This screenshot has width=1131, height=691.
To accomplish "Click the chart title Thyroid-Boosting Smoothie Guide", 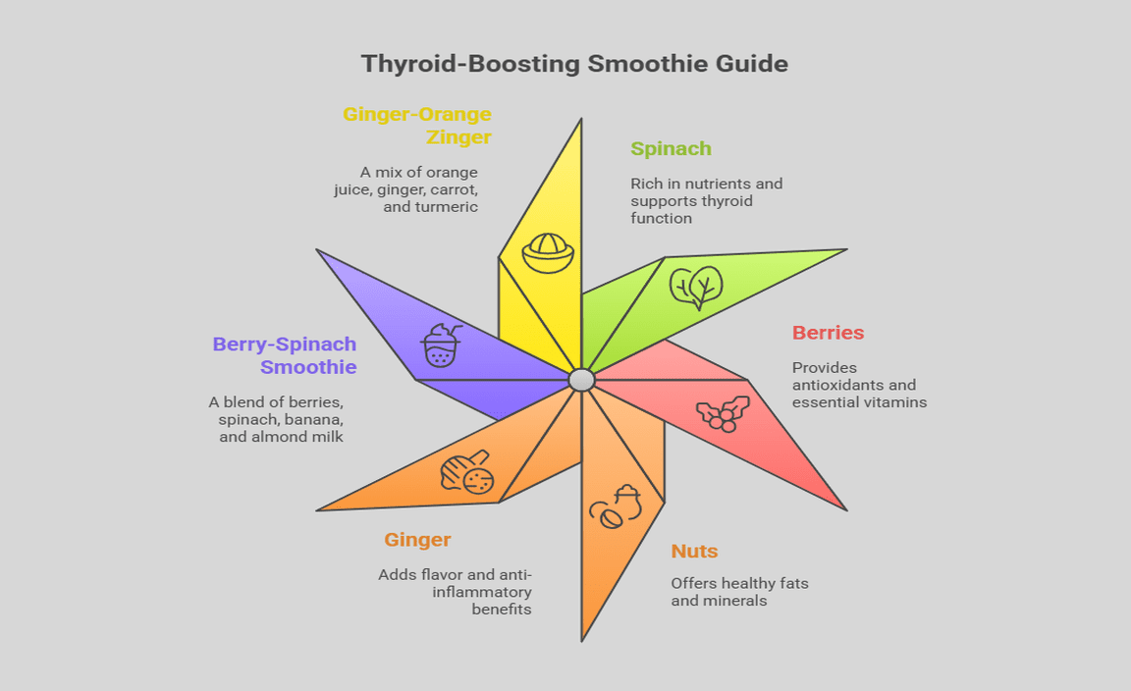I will pyautogui.click(x=574, y=64).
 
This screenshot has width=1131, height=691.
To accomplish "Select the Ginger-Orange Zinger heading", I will pyautogui.click(x=417, y=126).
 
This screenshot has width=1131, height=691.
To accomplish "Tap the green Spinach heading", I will pyautogui.click(x=671, y=149).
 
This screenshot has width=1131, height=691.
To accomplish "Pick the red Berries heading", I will pyautogui.click(x=828, y=333).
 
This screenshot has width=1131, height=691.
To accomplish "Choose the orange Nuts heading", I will pyautogui.click(x=694, y=552).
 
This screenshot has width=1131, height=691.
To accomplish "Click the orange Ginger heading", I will pyautogui.click(x=417, y=540).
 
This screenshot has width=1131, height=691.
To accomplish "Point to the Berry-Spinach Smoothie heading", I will pyautogui.click(x=285, y=356).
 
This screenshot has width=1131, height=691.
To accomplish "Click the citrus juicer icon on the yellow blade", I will pyautogui.click(x=547, y=253).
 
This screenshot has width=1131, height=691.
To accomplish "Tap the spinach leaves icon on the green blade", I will pyautogui.click(x=696, y=287).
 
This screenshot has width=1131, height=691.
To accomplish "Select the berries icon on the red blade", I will pyautogui.click(x=724, y=412).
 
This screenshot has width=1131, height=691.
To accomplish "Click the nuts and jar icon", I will pyautogui.click(x=615, y=506).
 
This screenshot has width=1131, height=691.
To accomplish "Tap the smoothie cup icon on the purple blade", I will pyautogui.click(x=441, y=345).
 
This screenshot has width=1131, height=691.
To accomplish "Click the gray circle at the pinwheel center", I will pyautogui.click(x=581, y=380).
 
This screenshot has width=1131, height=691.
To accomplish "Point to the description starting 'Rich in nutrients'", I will pyautogui.click(x=706, y=200).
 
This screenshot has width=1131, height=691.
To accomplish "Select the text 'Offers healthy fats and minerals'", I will pyautogui.click(x=739, y=591).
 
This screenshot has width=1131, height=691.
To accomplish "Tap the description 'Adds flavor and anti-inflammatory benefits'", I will pyautogui.click(x=456, y=592).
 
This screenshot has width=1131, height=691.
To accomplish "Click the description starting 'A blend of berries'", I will pyautogui.click(x=276, y=419).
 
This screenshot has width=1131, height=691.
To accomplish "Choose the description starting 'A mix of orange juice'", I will pyautogui.click(x=405, y=189).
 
